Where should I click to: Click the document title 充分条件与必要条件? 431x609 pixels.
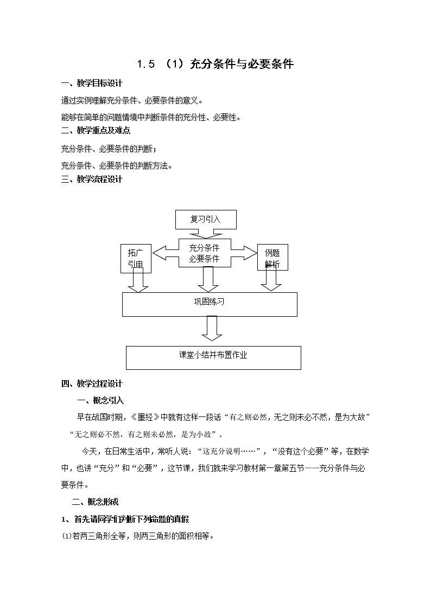coord(242,64)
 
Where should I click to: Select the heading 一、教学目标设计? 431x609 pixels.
coord(92,84)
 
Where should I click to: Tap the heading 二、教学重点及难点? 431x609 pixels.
coord(96,131)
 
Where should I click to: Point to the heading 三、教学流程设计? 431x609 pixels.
coord(92,180)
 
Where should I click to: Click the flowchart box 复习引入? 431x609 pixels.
coord(205,220)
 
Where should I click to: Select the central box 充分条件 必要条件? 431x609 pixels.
coord(204,253)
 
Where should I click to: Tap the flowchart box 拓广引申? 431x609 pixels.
coord(135,258)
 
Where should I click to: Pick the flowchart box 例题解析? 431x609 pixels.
coord(272,258)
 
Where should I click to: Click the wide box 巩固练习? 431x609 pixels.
coord(210,304)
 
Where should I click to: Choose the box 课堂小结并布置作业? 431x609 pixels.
coord(213,357)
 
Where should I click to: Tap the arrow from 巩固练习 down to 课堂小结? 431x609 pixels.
coord(211,328)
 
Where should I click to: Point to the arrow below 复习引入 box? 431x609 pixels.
coord(205,234)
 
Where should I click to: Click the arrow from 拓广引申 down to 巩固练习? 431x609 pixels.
coord(138,280)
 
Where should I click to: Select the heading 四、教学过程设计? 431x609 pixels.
coord(92,384)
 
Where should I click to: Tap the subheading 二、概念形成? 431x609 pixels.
coord(95,502)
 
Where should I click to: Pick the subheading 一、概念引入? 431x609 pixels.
coord(101,401)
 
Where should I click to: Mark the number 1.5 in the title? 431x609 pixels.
coord(146,65)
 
